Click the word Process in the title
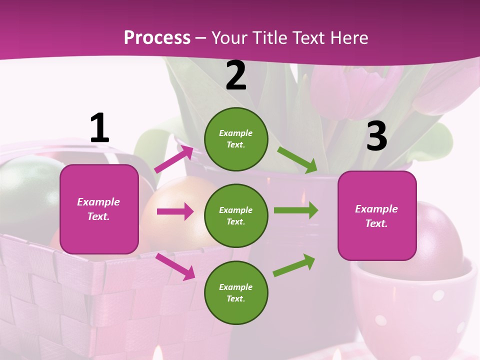[157, 37]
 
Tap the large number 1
[99, 128]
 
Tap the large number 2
[236, 76]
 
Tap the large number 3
[376, 136]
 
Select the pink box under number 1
[99, 209]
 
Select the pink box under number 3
[377, 216]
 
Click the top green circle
[236, 139]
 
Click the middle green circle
[236, 215]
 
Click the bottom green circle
[236, 292]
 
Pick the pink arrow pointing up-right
[174, 159]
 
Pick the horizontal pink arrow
[175, 211]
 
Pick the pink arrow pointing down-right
[175, 266]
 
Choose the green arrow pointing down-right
[297, 159]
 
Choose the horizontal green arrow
[295, 210]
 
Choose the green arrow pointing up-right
[294, 265]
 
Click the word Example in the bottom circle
[236, 287]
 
